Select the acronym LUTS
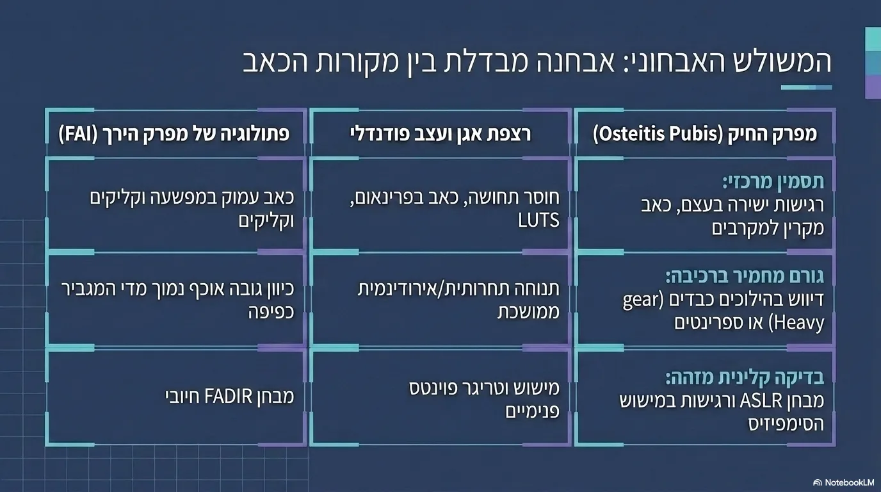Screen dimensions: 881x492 [538, 220]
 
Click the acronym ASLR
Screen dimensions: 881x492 [760, 401]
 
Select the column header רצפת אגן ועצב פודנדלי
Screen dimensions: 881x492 [440, 135]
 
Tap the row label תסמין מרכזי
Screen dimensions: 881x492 [773, 182]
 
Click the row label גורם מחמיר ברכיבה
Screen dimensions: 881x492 [745, 276]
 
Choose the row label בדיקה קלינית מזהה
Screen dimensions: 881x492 [745, 378]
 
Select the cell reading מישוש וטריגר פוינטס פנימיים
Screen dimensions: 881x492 [484, 400]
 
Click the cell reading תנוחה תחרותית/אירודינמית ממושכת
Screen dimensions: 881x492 [458, 300]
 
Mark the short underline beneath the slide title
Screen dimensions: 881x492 [806, 88]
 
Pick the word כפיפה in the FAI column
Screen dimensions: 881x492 [271, 313]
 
